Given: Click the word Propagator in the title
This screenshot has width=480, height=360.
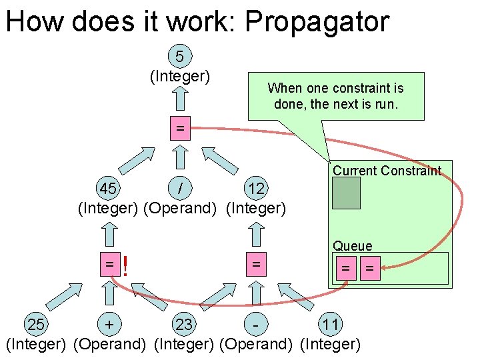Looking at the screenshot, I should click(317, 21).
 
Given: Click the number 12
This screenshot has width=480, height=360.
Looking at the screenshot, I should click(256, 189).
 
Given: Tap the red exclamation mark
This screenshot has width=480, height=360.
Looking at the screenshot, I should click(125, 267).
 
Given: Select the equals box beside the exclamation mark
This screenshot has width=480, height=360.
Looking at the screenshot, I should click(109, 265).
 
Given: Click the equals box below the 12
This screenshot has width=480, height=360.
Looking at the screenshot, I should click(255, 265).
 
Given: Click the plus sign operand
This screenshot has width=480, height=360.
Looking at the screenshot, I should click(108, 325).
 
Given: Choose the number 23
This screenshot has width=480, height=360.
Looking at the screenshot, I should click(184, 325).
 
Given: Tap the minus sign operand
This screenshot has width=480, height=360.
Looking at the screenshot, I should click(255, 325).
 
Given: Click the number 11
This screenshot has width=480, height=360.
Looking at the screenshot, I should click(331, 325).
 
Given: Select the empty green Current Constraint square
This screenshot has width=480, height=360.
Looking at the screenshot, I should click(347, 193).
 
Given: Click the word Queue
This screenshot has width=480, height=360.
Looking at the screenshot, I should click(353, 246).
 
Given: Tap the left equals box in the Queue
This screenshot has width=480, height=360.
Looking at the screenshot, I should click(346, 269).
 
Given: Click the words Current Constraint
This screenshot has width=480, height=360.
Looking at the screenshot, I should click(387, 170).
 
